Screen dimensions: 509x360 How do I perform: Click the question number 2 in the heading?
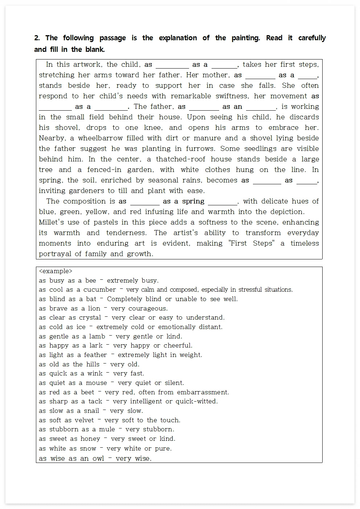[37, 38]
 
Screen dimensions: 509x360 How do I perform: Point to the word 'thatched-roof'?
[183, 159]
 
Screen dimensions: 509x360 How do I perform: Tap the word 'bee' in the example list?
[90, 280]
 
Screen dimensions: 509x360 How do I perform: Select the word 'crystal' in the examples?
[90, 318]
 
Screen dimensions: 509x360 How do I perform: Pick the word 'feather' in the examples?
[95, 355]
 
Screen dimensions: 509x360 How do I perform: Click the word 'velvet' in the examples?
[84, 420]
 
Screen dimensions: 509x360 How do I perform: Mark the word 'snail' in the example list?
[91, 411]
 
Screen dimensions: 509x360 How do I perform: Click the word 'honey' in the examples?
[90, 439]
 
